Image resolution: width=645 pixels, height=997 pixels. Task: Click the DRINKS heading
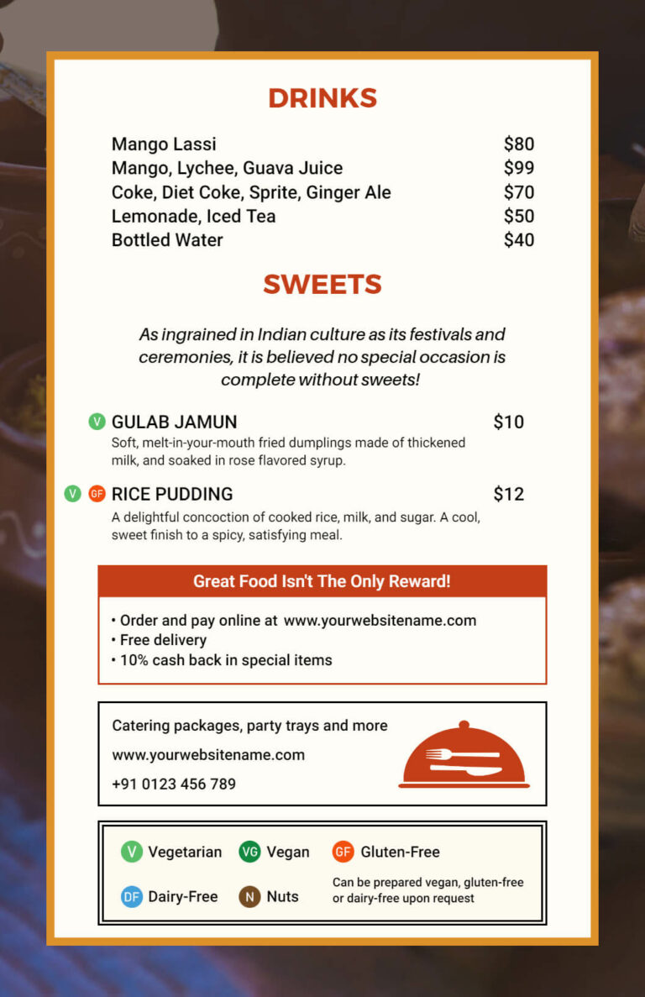click(x=322, y=98)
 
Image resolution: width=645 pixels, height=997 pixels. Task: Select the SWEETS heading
click(x=322, y=285)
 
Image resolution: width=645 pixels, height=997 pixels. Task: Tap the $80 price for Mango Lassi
click(x=518, y=144)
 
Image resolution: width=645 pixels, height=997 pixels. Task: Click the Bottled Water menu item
click(x=167, y=240)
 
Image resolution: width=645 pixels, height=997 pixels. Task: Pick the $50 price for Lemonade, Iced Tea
click(x=518, y=217)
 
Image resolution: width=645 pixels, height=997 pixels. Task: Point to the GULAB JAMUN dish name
click(x=174, y=422)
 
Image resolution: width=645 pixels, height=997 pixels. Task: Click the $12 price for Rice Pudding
click(x=508, y=494)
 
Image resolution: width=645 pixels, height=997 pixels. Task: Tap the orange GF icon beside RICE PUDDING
click(x=97, y=494)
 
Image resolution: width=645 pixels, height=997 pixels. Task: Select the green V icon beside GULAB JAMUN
click(x=97, y=422)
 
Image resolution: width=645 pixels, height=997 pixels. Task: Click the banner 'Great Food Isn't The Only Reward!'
click(x=322, y=581)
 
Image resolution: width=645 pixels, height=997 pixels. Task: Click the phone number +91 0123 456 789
click(x=174, y=784)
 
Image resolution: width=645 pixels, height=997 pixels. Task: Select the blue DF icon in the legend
click(x=132, y=896)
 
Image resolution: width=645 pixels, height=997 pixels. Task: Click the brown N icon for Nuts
click(x=249, y=896)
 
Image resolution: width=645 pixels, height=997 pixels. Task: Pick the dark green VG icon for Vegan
click(x=249, y=852)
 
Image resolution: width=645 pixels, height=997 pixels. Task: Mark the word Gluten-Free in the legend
click(x=400, y=852)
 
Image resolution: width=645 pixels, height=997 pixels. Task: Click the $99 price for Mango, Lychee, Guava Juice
click(x=518, y=168)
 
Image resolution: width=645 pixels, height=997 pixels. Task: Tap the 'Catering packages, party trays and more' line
click(x=249, y=726)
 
